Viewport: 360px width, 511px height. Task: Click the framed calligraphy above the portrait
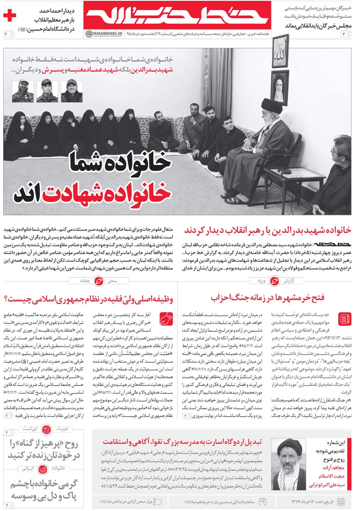tap(280, 50)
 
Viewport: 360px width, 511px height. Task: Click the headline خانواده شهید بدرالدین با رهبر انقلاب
tap(268, 230)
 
